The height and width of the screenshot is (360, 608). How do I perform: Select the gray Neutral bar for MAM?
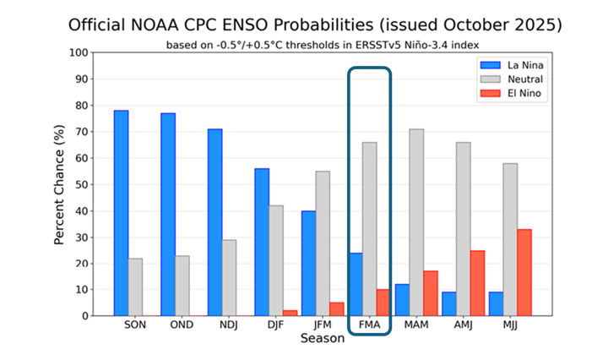(416, 222)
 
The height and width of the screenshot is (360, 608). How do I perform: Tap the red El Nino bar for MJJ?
(524, 272)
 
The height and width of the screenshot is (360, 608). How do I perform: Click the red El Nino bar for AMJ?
(476, 283)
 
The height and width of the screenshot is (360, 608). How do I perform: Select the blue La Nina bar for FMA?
(356, 284)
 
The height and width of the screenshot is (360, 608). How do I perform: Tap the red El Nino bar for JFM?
(335, 309)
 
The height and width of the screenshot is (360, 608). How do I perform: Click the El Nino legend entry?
(510, 94)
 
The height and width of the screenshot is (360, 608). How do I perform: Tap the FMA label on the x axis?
(368, 325)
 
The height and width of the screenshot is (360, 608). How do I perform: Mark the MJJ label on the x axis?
(509, 325)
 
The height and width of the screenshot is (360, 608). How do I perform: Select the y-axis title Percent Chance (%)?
(60, 184)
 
